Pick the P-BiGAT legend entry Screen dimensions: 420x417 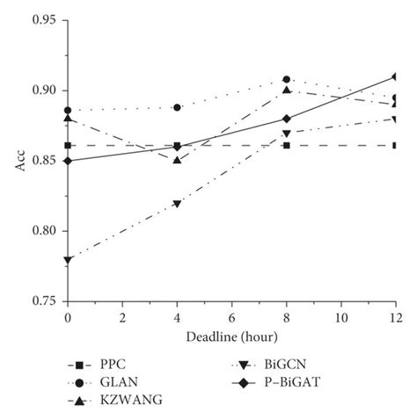(x=292, y=382)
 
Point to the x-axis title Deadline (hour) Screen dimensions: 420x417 (x=231, y=337)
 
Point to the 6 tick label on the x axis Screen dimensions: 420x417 (x=231, y=316)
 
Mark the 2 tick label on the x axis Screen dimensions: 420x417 (x=122, y=316)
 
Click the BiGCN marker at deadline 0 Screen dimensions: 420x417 (x=68, y=260)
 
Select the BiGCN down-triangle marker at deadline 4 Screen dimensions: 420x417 (x=177, y=204)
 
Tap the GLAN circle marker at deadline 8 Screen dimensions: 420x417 (x=286, y=79)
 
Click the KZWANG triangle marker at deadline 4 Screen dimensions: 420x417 (x=177, y=160)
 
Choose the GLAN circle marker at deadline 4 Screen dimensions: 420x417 (x=177, y=107)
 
